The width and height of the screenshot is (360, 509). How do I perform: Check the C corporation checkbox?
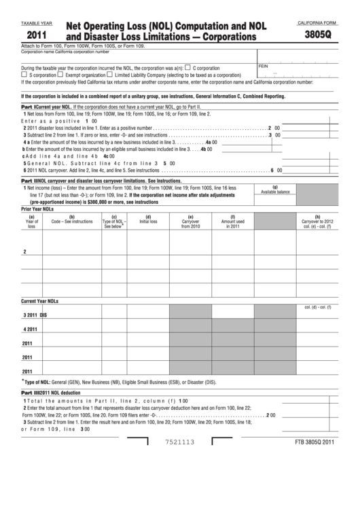(x=188, y=68)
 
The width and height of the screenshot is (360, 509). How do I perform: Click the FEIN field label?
(x=264, y=65)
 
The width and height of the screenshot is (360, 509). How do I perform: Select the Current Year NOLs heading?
(x=41, y=300)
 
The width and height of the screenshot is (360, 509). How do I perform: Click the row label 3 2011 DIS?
(x=35, y=315)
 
